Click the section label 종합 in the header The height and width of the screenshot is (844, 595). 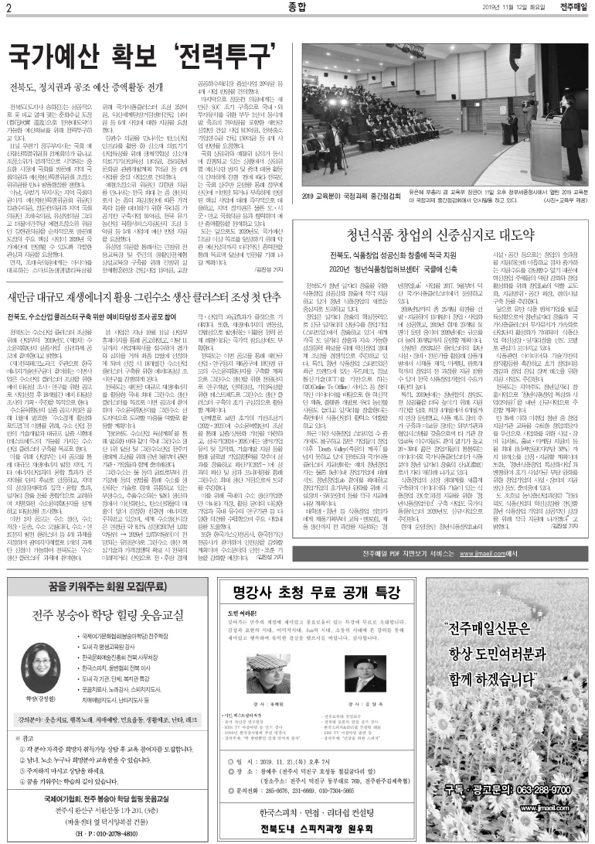point(297,9)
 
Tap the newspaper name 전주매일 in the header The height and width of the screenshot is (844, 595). point(574,9)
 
